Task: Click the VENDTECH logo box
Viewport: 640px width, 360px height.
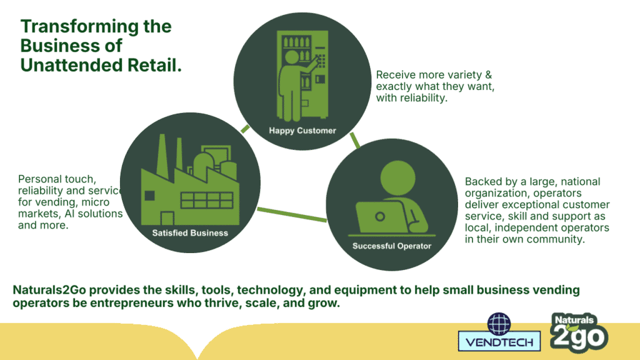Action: click(499, 341)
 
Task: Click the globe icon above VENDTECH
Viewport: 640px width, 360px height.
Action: click(499, 323)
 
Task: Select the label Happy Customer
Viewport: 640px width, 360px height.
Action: click(302, 131)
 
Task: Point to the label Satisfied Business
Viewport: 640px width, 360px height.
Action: click(190, 233)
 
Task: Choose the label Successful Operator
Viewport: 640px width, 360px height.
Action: click(392, 246)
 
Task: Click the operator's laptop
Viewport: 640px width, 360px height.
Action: click(379, 217)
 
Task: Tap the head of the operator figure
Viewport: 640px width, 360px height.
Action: click(397, 178)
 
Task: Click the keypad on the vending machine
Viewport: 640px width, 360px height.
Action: click(321, 61)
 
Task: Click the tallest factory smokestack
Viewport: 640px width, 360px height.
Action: click(162, 157)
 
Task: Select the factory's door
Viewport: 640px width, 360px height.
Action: click(167, 218)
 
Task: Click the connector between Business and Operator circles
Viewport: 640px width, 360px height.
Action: click(292, 215)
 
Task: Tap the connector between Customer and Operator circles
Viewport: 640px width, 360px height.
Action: click(355, 141)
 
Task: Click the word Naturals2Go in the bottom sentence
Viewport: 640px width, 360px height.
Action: click(49, 290)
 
